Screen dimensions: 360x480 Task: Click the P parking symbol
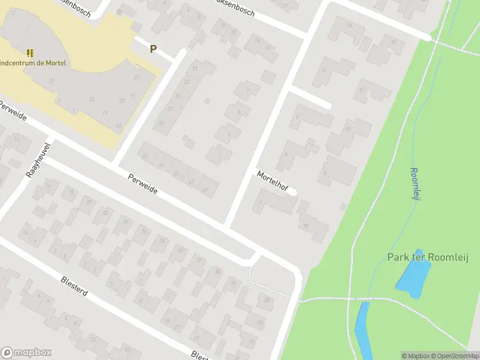pos(153,49)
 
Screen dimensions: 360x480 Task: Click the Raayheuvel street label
pos(37,160)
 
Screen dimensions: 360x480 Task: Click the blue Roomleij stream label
pos(415,184)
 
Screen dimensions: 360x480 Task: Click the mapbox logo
pos(26,353)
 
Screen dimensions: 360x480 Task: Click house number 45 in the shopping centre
pos(92,99)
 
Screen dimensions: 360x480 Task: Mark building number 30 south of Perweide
pos(179,250)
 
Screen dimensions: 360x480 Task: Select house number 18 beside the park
pos(394,41)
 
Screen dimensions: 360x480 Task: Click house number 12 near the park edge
pos(362,90)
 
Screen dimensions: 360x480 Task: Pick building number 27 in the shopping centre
pos(136,78)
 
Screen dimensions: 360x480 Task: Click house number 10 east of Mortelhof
pos(348,128)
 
